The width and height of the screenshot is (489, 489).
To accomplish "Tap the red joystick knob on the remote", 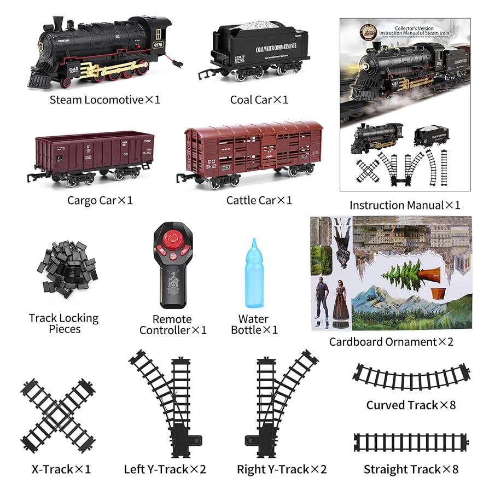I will click(x=173, y=240).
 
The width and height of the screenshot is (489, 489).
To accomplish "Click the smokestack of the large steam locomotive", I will click(x=57, y=24).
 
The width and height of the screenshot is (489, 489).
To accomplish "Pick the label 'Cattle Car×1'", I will click(x=259, y=201).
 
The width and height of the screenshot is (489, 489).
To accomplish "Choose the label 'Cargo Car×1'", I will click(x=100, y=201).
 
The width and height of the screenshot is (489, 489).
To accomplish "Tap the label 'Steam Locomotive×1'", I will click(x=105, y=100).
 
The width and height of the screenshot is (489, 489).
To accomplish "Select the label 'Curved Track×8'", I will click(x=411, y=405).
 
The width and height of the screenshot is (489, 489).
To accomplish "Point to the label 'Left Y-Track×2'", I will click(x=165, y=469).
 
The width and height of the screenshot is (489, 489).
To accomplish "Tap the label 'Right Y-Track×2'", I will click(x=282, y=469).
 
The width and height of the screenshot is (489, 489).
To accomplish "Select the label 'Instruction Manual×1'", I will click(x=405, y=206).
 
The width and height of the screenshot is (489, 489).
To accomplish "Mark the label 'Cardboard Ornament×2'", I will click(x=391, y=342).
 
